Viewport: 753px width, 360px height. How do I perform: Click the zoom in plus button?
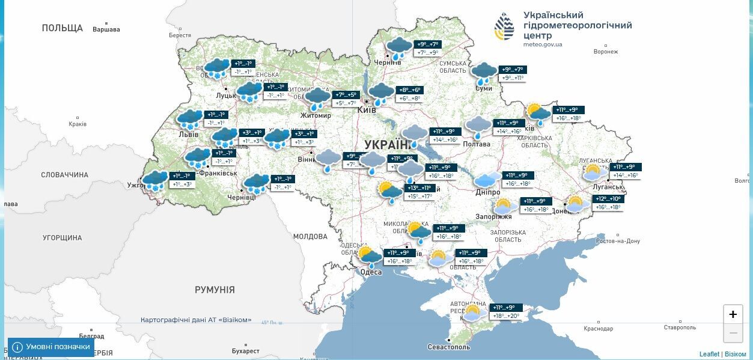click(733, 314)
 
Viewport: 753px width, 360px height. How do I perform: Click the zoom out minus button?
click(733, 332)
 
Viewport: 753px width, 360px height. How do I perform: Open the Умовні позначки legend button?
click(51, 347)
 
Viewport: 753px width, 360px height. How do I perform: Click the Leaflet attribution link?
click(709, 355)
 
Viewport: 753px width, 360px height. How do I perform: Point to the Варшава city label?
click(106, 29)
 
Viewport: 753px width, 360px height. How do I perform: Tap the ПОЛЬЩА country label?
click(62, 28)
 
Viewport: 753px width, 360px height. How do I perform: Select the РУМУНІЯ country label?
click(215, 290)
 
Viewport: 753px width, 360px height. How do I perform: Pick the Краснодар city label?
click(598, 329)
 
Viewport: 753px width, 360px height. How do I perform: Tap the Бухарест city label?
click(245, 351)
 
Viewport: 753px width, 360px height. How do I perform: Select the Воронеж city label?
click(605, 52)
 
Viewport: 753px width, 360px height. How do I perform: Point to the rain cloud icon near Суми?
click(484, 73)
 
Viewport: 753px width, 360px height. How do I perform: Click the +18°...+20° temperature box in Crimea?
click(505, 316)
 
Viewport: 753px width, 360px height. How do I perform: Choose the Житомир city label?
click(316, 115)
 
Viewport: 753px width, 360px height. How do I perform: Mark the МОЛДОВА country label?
click(309, 237)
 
